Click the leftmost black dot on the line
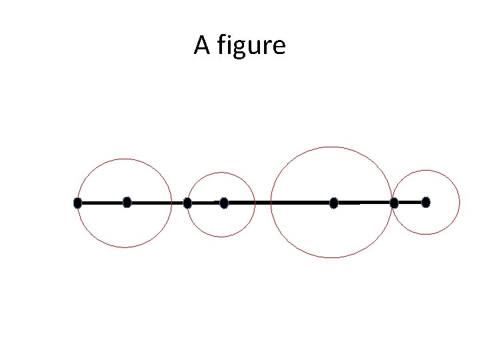(77, 203)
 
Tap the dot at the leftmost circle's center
(127, 202)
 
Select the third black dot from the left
(187, 203)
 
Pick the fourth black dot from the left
(224, 203)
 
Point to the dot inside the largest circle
(334, 203)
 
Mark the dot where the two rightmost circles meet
(394, 203)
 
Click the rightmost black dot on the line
(426, 202)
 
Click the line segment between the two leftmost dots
(102, 202)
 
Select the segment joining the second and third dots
(157, 202)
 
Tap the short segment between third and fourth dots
(205, 202)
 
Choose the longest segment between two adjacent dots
(279, 201)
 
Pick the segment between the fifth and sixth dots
(364, 202)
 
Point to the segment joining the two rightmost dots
(410, 202)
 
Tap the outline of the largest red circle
(331, 147)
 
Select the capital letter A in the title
(201, 45)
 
